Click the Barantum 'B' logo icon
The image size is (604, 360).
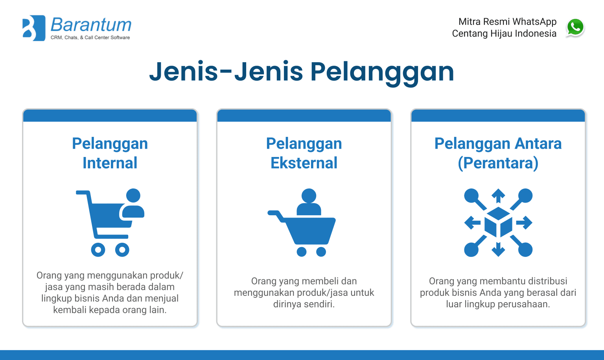tap(34, 28)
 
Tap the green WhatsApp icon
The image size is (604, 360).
tap(575, 28)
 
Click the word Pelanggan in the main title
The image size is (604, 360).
tap(382, 72)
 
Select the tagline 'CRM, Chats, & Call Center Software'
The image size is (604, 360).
tap(90, 38)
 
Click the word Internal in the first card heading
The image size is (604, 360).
tap(110, 163)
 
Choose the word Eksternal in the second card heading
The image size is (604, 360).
tap(304, 163)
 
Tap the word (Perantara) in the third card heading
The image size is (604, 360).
tap(498, 163)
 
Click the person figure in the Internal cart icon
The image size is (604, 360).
tap(133, 204)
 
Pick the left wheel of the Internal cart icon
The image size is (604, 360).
tap(98, 249)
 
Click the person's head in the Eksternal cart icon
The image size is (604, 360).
tap(309, 196)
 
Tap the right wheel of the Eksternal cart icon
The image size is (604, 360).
tap(321, 252)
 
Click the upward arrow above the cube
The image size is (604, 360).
tap(498, 195)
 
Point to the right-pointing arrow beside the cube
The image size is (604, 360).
tap(525, 223)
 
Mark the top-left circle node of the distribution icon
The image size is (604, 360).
tap(471, 196)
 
